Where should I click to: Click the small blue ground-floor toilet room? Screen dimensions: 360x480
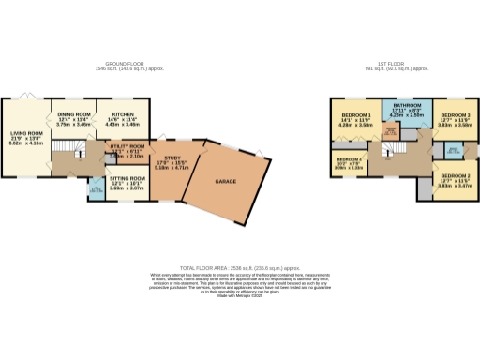coord(96,190)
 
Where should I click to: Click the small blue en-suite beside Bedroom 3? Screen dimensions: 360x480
coord(455,151)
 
